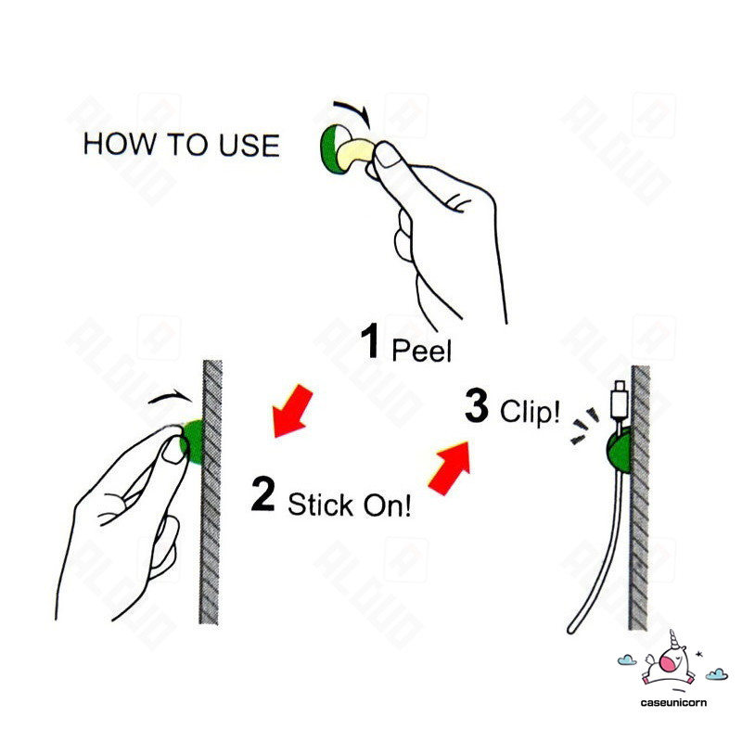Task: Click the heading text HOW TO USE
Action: (181, 146)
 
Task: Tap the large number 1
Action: (370, 342)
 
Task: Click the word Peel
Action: (421, 350)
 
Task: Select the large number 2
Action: (262, 495)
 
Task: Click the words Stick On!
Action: (349, 505)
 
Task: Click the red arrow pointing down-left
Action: (294, 411)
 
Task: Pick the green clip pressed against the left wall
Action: (192, 441)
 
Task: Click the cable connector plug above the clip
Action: (619, 400)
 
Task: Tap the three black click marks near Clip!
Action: (583, 423)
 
